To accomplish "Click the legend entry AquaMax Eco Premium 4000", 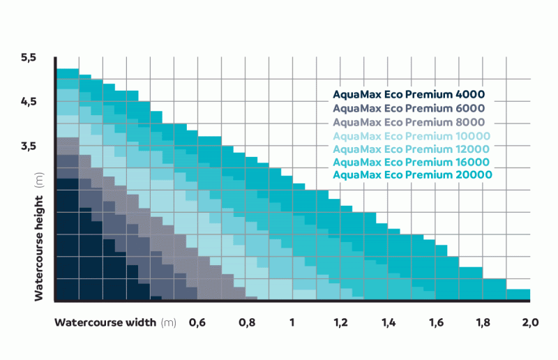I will point(409,95).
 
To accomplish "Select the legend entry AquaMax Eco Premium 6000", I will point(409,108).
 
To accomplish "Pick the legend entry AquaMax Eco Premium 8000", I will point(409,122).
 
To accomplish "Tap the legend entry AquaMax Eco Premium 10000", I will point(412,135).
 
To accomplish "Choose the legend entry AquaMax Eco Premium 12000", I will point(412,149).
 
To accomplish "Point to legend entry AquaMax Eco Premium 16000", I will point(412,162).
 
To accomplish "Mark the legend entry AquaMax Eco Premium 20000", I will point(412,175).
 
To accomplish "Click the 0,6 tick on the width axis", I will point(197,323).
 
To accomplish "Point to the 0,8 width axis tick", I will point(246,323).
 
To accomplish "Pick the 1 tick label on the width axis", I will point(293,323).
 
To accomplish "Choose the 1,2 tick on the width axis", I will point(340,323).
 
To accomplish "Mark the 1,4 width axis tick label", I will point(389,323).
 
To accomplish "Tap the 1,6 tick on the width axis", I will point(437,323).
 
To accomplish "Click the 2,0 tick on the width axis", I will point(531,323).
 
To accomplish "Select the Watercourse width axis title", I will point(105,323).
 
